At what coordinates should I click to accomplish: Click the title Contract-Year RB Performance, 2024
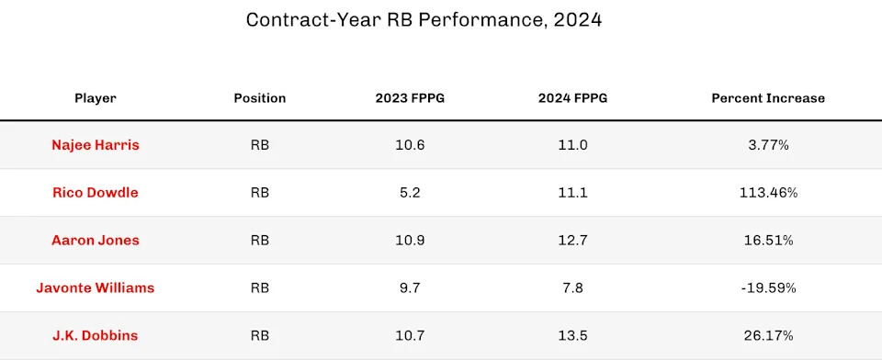(424, 19)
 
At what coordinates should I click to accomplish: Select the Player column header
(96, 98)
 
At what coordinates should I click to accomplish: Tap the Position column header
(260, 98)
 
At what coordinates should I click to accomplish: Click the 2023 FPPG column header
(410, 98)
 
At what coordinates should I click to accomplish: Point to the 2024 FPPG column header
(572, 98)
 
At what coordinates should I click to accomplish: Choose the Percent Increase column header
(768, 98)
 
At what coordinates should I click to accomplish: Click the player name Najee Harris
(96, 145)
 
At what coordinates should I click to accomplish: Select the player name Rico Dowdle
(96, 193)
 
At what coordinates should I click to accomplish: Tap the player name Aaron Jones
(96, 241)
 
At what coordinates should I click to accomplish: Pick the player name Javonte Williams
(96, 288)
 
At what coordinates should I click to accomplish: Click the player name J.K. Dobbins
(96, 336)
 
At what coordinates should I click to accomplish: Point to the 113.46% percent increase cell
(768, 193)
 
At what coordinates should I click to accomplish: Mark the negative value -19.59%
(768, 288)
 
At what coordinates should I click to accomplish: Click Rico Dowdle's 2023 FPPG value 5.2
(410, 193)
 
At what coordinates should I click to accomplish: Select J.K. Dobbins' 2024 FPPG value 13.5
(572, 336)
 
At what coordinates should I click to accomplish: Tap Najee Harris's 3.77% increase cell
(768, 145)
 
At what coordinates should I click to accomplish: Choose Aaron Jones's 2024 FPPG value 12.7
(572, 241)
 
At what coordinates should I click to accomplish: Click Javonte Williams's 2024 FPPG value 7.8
(572, 288)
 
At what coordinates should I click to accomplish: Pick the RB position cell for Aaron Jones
(260, 241)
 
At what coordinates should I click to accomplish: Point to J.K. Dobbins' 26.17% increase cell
(768, 336)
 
